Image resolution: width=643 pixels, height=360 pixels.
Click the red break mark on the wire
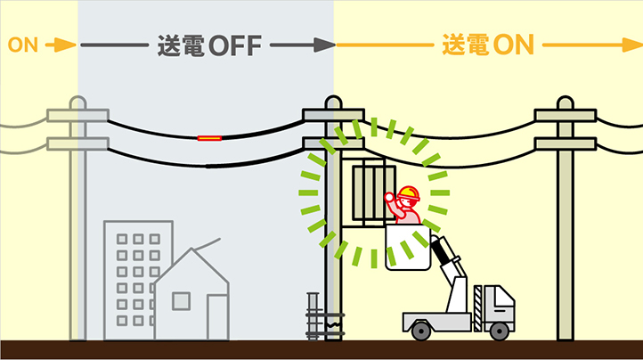click(209, 138)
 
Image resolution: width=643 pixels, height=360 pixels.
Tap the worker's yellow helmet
click(409, 193)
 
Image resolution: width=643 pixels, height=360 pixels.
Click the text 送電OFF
click(209, 45)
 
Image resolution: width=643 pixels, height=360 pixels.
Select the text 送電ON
click(488, 45)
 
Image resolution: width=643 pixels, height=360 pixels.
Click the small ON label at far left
click(23, 45)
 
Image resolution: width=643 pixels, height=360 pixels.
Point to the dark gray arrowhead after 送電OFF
click(325, 45)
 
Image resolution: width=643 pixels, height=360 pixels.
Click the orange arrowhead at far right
click(632, 45)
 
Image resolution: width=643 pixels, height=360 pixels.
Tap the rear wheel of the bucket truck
click(420, 331)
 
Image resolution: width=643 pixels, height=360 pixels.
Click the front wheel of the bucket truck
click(499, 331)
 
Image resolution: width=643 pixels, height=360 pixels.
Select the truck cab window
click(503, 299)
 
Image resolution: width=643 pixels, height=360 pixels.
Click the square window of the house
click(181, 301)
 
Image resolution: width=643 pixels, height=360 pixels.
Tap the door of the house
click(217, 317)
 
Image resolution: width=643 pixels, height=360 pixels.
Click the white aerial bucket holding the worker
click(408, 247)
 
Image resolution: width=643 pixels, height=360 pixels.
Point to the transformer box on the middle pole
click(373, 193)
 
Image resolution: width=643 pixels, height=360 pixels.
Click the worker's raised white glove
click(389, 197)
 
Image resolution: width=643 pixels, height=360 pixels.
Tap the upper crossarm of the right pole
click(566, 115)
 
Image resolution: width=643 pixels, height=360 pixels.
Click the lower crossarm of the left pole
click(77, 143)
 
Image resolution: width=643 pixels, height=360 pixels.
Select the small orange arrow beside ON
click(61, 45)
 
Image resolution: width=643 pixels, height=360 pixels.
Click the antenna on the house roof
click(207, 244)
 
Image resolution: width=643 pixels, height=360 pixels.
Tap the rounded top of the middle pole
click(333, 102)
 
